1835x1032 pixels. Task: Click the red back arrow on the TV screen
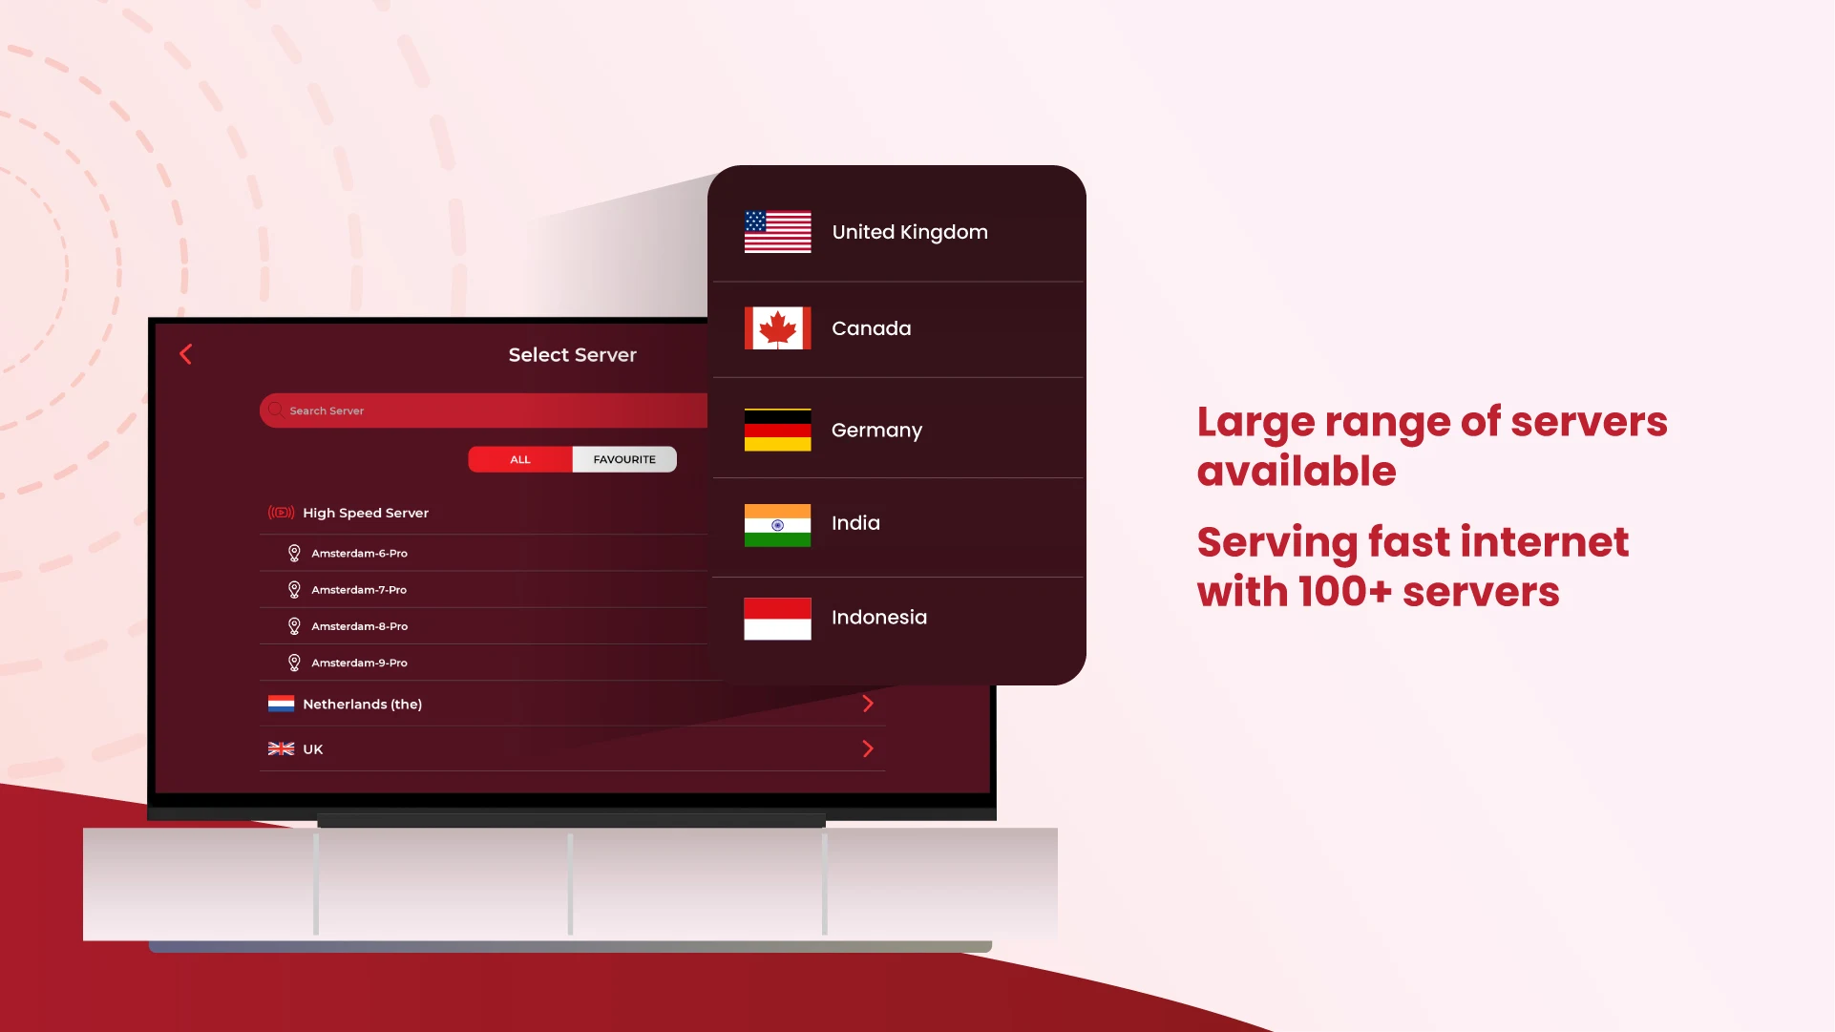point(186,354)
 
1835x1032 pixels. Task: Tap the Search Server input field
point(483,411)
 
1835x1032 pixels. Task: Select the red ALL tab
point(520,459)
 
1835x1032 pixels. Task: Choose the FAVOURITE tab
point(624,459)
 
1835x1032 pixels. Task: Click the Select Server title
point(572,355)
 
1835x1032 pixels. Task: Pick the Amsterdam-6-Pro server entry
point(359,554)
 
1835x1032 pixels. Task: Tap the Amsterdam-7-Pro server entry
point(359,590)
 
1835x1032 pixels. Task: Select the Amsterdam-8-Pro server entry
point(359,626)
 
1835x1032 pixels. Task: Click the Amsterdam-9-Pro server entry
point(359,663)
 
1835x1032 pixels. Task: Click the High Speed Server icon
point(281,513)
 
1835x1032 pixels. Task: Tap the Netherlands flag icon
point(281,705)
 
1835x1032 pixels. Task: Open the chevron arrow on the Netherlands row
point(868,704)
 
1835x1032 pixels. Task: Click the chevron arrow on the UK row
point(868,748)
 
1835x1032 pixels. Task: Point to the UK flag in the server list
point(281,749)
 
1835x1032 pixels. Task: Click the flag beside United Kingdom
point(778,232)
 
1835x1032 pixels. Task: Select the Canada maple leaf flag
point(778,328)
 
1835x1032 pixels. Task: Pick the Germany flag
point(778,430)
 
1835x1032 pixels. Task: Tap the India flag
point(778,525)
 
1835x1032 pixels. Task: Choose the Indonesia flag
point(778,619)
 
